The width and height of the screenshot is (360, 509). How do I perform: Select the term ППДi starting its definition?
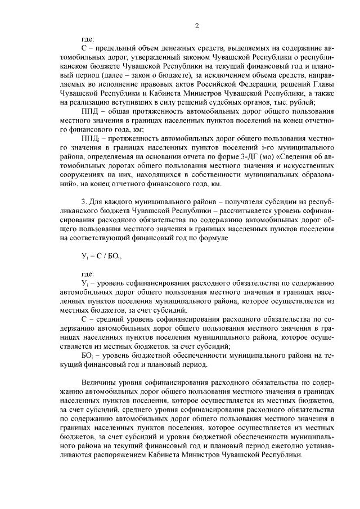pyautogui.click(x=91, y=138)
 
